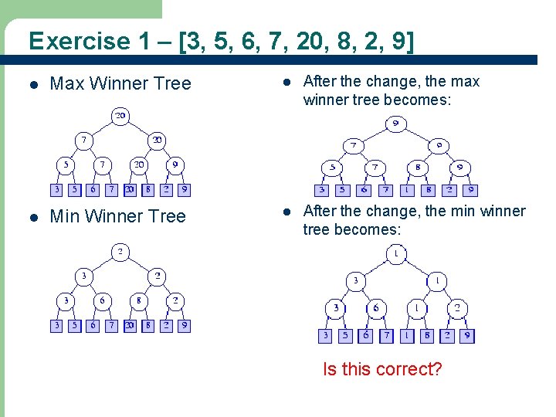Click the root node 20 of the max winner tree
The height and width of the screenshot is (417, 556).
point(120,117)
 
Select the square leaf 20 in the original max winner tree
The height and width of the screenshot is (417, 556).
point(129,189)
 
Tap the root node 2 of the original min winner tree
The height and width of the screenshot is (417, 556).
point(120,252)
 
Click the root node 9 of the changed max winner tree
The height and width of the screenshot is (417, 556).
point(395,123)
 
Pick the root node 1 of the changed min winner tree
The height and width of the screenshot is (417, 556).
point(395,253)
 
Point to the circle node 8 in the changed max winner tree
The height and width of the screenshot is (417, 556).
point(418,167)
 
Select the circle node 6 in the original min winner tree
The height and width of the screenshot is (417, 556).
point(101,301)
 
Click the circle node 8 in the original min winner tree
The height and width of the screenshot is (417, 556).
point(138,301)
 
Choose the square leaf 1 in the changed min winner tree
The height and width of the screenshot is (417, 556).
point(408,336)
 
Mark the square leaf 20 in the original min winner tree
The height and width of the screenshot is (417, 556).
point(129,326)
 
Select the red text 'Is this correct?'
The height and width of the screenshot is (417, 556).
point(382,369)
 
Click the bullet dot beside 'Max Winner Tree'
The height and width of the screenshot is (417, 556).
point(32,84)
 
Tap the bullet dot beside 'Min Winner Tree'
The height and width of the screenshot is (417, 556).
point(32,217)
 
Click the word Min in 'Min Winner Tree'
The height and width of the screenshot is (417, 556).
point(64,216)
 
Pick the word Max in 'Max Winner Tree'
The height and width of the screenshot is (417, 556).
point(66,83)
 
